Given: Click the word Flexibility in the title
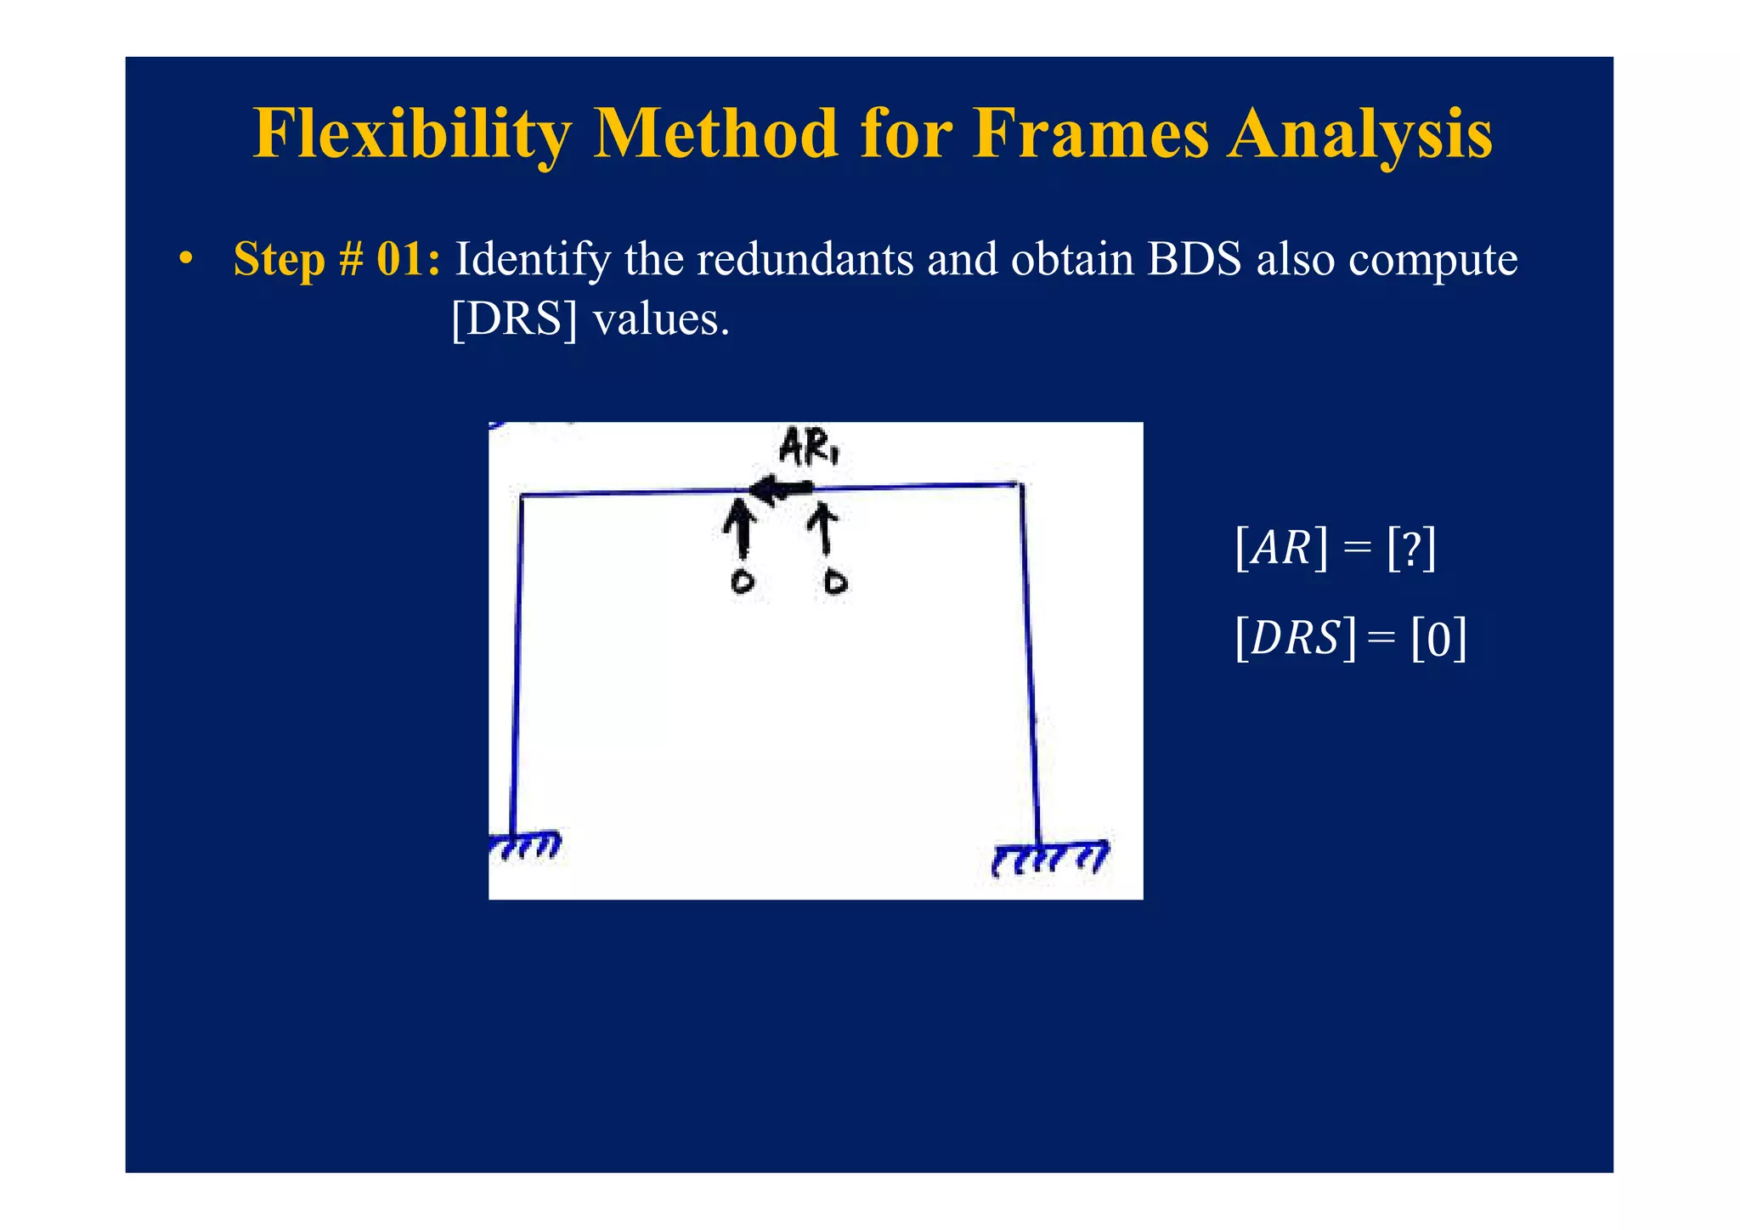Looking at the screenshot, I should coord(412,134).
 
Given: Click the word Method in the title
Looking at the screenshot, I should coord(715,134).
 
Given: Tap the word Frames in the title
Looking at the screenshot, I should coord(1089,134).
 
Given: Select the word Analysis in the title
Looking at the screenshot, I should coord(1359,134).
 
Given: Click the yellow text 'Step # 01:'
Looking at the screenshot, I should coord(336,259).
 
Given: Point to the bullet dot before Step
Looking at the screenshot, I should coord(185,259).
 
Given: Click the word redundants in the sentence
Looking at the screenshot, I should coord(804,259).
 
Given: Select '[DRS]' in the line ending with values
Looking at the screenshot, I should coord(514,320).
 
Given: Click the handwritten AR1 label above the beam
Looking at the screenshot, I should coord(808,448).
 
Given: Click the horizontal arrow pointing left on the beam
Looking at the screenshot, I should coord(780,489).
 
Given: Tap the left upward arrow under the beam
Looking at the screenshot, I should coord(742,528).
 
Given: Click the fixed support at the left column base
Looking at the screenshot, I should coord(525,845).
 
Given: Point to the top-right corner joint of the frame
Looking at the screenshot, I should coord(1020,485).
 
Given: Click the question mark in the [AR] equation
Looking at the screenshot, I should coord(1411,549).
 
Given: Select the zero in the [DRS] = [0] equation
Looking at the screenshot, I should coord(1438,639).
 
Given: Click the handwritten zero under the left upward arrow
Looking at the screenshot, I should coord(743,582).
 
